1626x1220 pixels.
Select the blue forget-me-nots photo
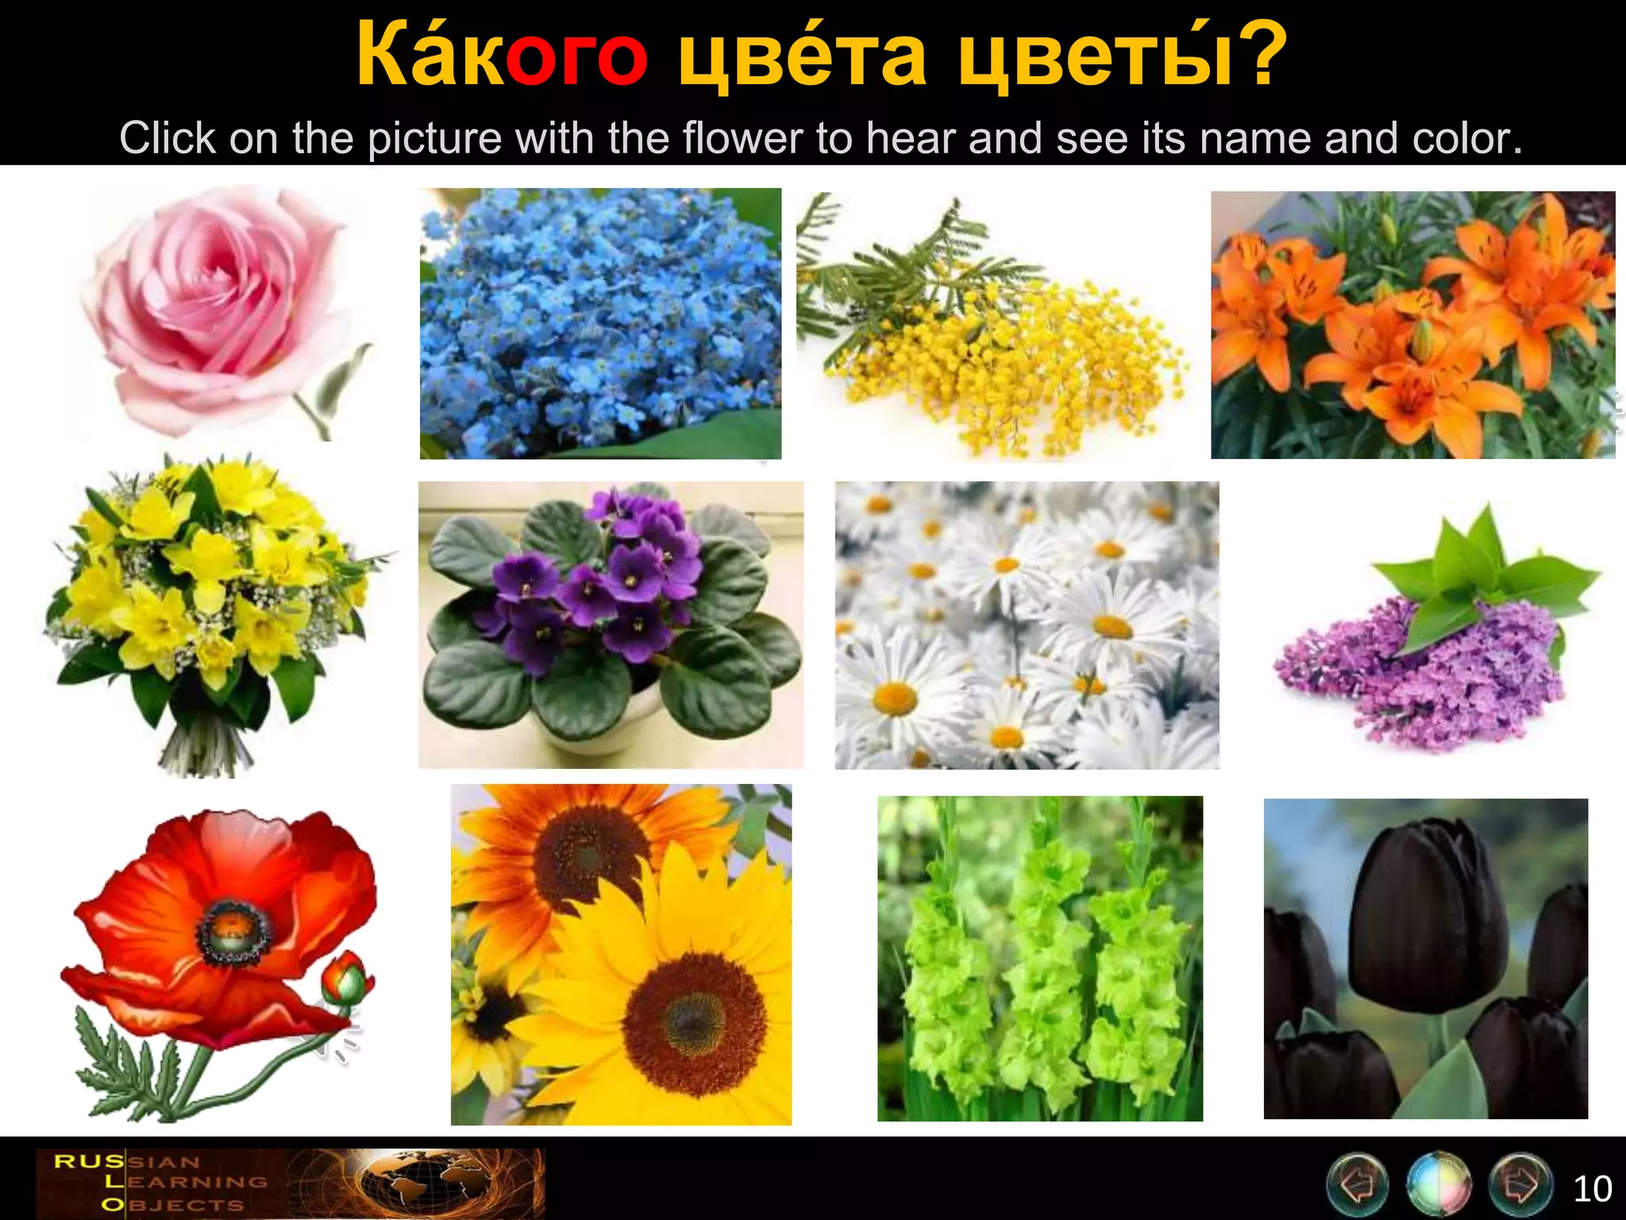pos(600,323)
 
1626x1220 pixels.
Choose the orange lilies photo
pos(1412,325)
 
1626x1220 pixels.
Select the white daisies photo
pos(1027,625)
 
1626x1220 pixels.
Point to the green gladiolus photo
pos(1039,958)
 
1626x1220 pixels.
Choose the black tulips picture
pos(1426,958)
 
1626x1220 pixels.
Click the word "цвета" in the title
pos(802,56)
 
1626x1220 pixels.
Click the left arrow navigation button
pos(1358,1184)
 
